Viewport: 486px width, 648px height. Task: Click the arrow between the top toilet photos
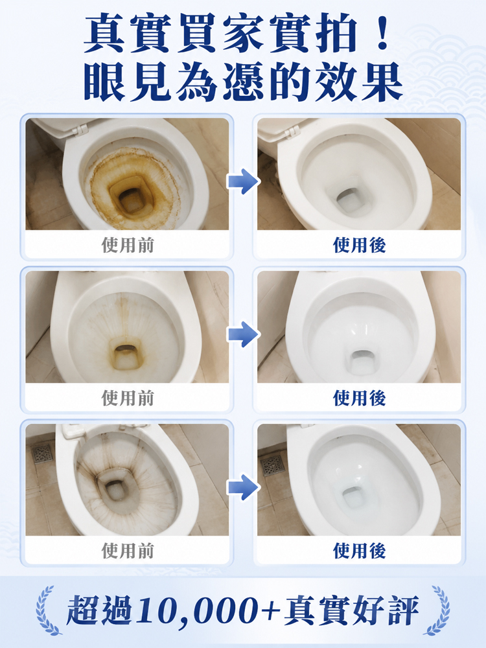[x=243, y=181]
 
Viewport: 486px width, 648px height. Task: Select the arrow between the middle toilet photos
[x=243, y=334]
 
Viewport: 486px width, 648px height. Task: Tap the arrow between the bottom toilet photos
[x=243, y=487]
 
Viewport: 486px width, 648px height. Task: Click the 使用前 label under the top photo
[x=128, y=245]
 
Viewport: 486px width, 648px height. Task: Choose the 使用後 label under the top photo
[x=359, y=245]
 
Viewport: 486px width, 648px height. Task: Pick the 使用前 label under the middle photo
[x=128, y=398]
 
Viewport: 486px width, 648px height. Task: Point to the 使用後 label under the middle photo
[x=359, y=398]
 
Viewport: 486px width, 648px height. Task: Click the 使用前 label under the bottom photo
[x=128, y=551]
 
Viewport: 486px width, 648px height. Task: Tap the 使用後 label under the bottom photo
[x=359, y=551]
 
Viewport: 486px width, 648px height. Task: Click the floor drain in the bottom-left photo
[x=43, y=454]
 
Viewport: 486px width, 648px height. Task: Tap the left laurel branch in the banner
[x=47, y=610]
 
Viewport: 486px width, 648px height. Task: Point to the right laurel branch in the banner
[x=438, y=610]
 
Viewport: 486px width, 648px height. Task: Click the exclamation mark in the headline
[x=382, y=34]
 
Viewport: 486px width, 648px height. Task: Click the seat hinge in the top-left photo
[x=80, y=130]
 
